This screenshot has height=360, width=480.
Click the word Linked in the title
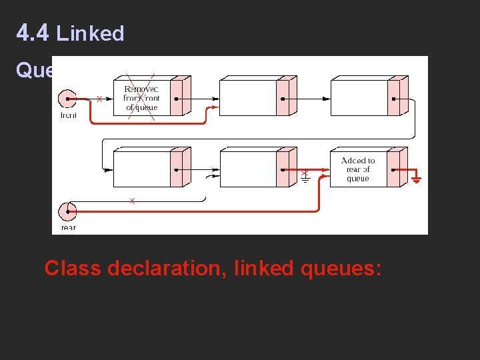[91, 33]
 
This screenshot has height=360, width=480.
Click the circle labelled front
[67, 99]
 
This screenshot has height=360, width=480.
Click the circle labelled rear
[67, 212]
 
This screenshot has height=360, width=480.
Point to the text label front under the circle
[68, 115]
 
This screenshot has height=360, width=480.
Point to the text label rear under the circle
[68, 227]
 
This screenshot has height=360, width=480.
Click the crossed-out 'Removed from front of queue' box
[142, 98]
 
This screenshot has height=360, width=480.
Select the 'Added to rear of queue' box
[358, 169]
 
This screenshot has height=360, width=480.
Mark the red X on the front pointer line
[99, 99]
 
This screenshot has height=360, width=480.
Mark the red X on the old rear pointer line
[132, 201]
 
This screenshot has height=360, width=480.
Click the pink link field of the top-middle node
[283, 98]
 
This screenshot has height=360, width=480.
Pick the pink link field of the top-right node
[393, 98]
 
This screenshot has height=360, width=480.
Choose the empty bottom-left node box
[142, 169]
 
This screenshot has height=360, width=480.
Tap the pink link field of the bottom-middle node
[283, 169]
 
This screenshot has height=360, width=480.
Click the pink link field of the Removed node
[176, 98]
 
